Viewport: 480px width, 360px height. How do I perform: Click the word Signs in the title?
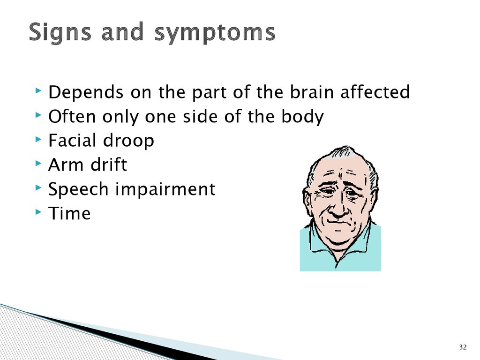click(60, 32)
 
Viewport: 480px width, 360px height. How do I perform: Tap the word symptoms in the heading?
click(215, 34)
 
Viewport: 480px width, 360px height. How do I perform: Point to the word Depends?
click(86, 93)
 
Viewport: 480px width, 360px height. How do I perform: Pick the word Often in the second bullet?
click(72, 116)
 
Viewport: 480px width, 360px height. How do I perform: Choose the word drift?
click(109, 165)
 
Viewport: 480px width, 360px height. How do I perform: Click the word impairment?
click(165, 190)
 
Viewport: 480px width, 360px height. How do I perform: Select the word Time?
click(69, 213)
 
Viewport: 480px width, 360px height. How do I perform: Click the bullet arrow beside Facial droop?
click(38, 139)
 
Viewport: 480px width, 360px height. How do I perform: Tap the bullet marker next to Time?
click(38, 212)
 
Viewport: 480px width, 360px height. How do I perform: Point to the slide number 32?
click(463, 347)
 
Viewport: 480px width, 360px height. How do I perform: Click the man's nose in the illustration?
click(339, 208)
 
